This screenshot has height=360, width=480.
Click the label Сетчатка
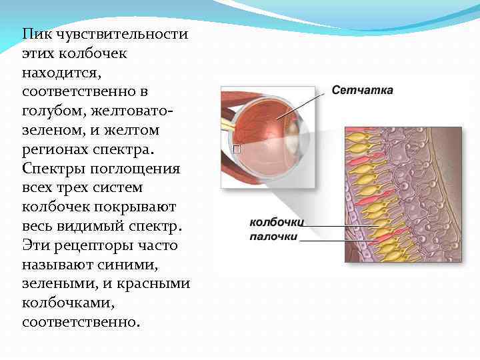click(363, 90)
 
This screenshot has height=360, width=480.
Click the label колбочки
click(277, 223)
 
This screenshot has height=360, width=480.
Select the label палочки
click(274, 236)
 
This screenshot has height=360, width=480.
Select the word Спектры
click(53, 168)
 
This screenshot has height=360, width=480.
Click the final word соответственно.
click(81, 322)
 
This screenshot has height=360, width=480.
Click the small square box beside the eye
click(236, 149)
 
